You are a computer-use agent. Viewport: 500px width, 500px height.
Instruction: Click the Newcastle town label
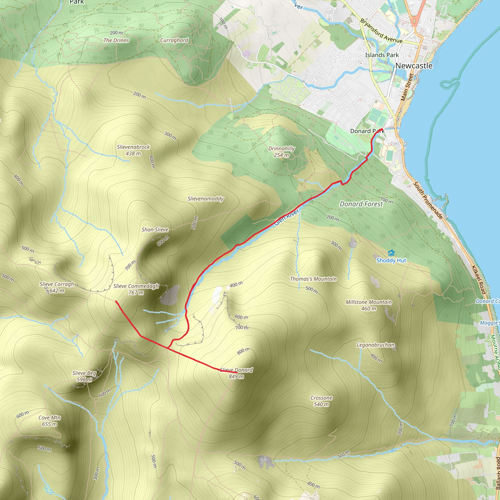click(x=414, y=66)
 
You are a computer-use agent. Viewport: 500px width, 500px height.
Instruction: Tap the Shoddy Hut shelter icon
click(x=391, y=253)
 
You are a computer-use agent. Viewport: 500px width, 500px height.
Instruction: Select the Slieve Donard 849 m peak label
click(x=236, y=373)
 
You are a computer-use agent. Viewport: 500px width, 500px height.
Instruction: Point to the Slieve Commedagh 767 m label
click(x=136, y=289)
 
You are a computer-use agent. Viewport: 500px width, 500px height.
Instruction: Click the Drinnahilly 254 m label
click(x=281, y=152)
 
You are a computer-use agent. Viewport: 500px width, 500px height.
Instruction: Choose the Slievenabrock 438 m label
click(x=133, y=150)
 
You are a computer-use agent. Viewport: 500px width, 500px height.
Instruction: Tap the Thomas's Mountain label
click(x=313, y=279)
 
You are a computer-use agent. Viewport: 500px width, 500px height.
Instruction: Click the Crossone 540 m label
click(x=321, y=401)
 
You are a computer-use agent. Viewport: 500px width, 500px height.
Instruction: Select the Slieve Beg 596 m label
click(x=84, y=376)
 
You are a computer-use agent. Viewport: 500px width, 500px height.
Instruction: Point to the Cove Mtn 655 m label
click(x=49, y=421)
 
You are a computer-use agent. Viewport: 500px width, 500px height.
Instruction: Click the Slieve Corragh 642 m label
click(x=57, y=287)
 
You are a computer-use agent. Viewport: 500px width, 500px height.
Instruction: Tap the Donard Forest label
click(x=361, y=204)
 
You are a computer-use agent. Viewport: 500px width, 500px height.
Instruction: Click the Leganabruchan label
click(x=375, y=345)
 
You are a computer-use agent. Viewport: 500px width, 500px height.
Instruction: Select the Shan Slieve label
click(x=155, y=229)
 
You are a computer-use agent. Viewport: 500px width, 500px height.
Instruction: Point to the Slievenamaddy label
click(x=206, y=198)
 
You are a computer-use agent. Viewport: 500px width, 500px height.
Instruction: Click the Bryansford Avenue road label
click(x=381, y=31)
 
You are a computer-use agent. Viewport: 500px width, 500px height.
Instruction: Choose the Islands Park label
click(x=382, y=55)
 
